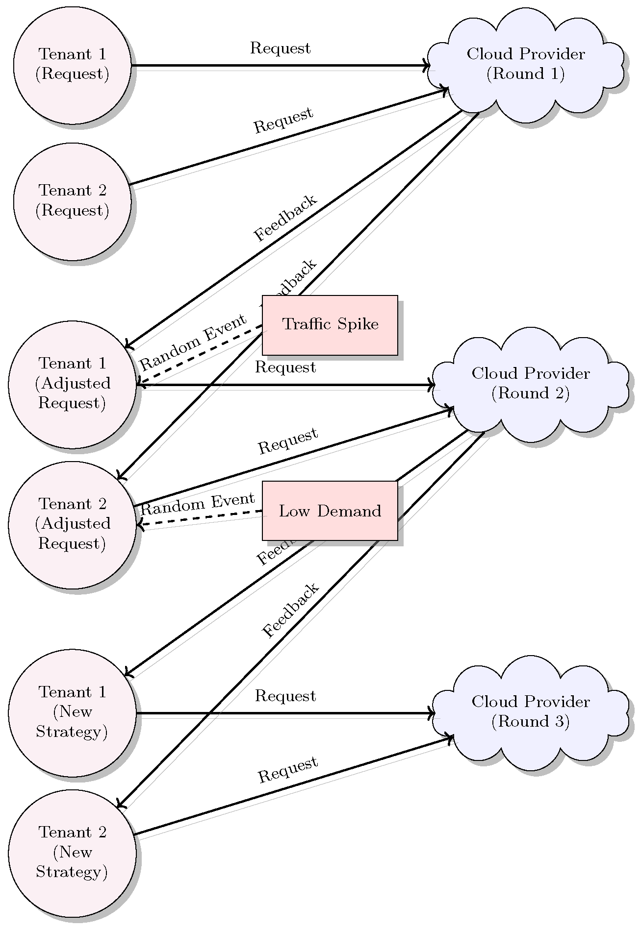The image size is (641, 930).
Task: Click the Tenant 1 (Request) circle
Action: [x=72, y=65]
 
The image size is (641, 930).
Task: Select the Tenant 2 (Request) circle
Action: [x=72, y=201]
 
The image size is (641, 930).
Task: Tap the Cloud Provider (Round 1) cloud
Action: [x=525, y=64]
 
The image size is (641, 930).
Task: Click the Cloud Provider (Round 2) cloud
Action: [x=530, y=384]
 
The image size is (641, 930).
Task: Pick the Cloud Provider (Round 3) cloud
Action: [x=530, y=711]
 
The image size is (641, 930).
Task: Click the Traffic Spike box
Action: [x=330, y=325]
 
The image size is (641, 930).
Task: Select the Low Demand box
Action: [x=330, y=511]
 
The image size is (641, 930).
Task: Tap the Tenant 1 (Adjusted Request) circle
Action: [x=72, y=384]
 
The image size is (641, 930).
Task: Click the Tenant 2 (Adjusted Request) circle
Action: [x=72, y=524]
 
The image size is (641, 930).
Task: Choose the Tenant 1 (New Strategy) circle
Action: [x=72, y=712]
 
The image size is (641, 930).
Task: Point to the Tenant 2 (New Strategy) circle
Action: [x=72, y=853]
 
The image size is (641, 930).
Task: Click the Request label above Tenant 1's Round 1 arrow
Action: [x=280, y=49]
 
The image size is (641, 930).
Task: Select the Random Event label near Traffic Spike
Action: [x=193, y=342]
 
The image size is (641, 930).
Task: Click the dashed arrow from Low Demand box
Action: [x=201, y=518]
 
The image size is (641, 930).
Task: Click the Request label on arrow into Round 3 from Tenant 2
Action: [x=288, y=770]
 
